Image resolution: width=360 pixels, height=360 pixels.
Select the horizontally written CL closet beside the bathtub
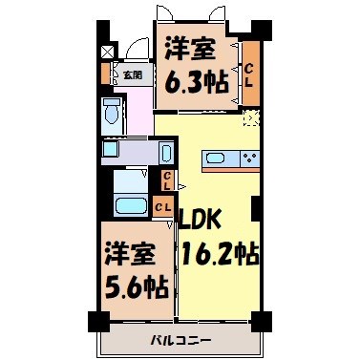(163, 205)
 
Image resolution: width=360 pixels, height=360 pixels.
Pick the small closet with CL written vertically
(166, 180)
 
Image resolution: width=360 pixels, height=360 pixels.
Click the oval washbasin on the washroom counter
(164, 152)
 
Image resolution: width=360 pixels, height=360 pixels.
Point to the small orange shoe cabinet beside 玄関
(106, 73)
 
